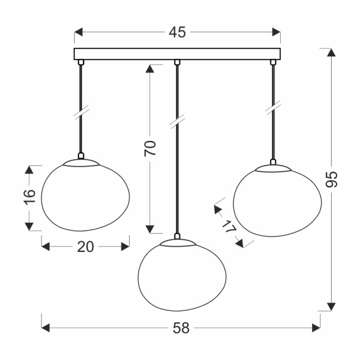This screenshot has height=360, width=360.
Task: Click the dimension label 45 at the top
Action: [x=177, y=32]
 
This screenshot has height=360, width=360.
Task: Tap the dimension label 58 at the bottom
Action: [x=181, y=328]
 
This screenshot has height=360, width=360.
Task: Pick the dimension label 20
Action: [x=86, y=246]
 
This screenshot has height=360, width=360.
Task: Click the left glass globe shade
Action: [x=85, y=196]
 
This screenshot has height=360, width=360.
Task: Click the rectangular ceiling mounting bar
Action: [x=177, y=53]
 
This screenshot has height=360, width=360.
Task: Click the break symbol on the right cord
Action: [x=274, y=107]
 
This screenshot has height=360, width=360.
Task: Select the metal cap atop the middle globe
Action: [x=176, y=240]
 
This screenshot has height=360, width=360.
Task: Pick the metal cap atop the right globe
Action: [x=274, y=166]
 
